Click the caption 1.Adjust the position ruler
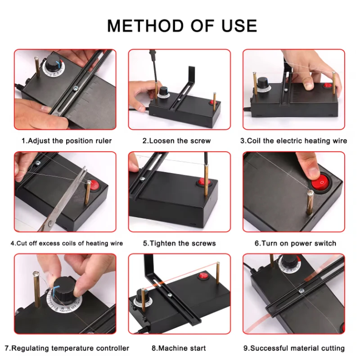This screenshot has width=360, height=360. [x=67, y=141]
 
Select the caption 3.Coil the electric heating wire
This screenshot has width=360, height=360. [x=293, y=141]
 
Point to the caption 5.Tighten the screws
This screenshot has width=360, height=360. [x=180, y=243]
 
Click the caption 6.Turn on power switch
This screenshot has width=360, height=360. [x=295, y=243]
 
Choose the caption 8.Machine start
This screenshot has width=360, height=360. [x=179, y=348]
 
